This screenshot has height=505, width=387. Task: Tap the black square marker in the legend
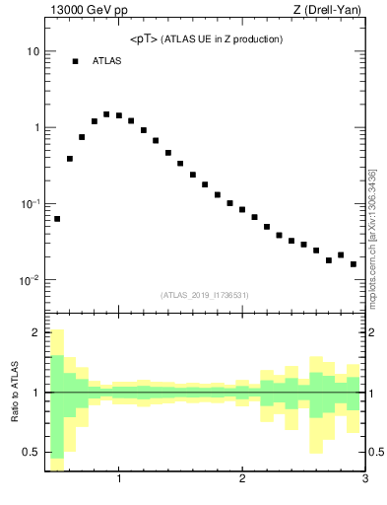coord(75,61)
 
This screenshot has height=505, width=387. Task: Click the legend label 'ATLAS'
coord(107,61)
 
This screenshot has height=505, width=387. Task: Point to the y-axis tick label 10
coord(32,51)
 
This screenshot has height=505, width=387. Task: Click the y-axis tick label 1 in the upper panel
coord(35,127)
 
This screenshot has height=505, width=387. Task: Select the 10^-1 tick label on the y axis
coord(30,203)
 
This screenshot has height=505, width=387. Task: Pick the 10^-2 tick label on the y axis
coord(30,280)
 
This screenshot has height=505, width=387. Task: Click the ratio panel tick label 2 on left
coord(35,332)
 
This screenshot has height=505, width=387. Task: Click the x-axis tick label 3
coord(364,480)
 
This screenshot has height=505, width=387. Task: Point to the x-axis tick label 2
coord(242,480)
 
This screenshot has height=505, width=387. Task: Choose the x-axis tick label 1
coord(119,480)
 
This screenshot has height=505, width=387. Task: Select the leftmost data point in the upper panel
coord(57,219)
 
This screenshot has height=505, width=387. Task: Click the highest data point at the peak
coord(106,113)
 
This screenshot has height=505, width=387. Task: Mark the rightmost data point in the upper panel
coord(354,264)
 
